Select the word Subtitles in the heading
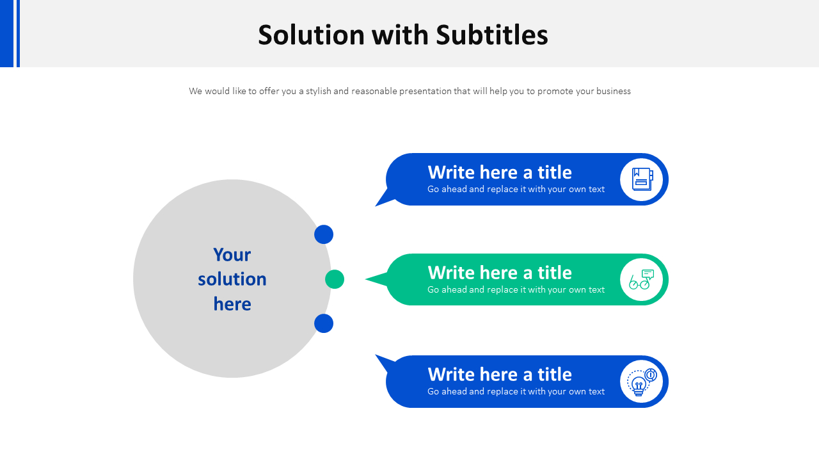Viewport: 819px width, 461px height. pos(492,35)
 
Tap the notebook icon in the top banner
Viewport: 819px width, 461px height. pos(641,179)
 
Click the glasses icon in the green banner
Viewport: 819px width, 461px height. pos(641,280)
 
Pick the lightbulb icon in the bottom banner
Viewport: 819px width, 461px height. pos(641,382)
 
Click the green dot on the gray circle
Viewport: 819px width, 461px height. pos(335,279)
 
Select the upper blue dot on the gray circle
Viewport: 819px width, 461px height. pos(324,234)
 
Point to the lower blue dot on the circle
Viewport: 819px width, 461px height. pos(324,323)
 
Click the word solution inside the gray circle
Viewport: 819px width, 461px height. pos(232,279)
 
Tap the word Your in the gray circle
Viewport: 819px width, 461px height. pos(232,255)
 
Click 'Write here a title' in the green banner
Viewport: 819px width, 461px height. pos(500,273)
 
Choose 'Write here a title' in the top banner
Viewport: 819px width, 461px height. pos(500,172)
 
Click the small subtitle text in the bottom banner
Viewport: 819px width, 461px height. pos(516,391)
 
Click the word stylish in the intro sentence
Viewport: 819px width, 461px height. pos(318,91)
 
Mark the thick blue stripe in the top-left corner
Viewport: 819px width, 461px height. pos(6,33)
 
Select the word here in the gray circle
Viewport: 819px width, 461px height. pos(232,303)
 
